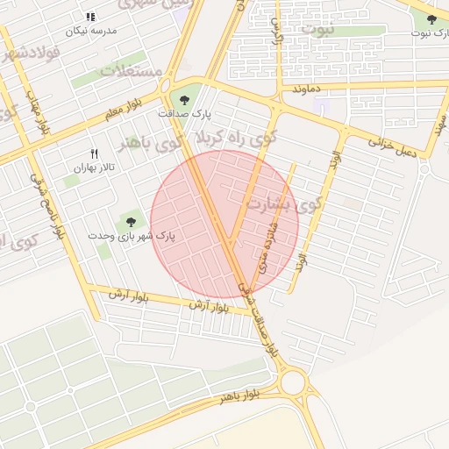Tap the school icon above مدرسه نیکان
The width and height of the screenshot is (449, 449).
(90, 17)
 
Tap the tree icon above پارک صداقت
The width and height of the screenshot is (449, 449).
(183, 100)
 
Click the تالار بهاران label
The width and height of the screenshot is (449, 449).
(94, 167)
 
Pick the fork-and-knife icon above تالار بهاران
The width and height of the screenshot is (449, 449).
(95, 153)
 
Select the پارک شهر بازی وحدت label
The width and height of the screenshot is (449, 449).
(132, 236)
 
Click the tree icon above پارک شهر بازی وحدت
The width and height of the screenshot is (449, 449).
(132, 222)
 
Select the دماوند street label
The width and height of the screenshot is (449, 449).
(310, 89)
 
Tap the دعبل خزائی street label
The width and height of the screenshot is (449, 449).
(392, 146)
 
